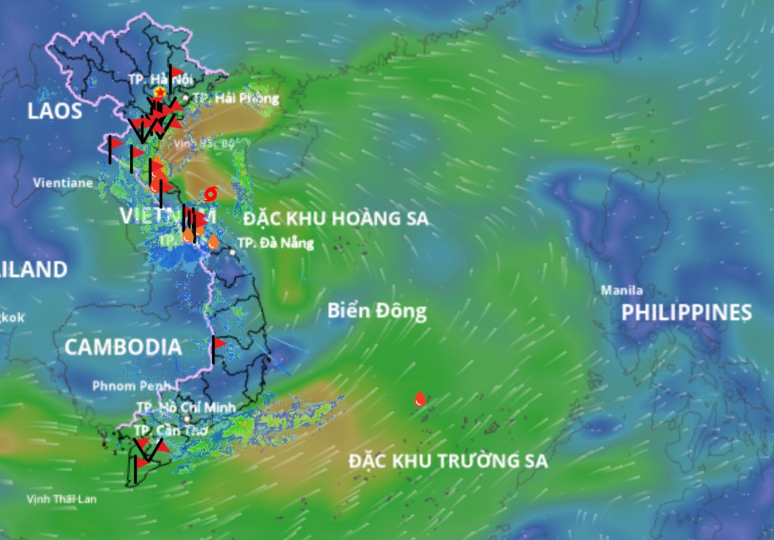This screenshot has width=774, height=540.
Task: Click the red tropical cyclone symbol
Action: pos(211,194)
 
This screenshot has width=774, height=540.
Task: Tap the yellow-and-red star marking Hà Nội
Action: pos(159,93)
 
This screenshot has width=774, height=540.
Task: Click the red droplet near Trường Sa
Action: pos(420,399)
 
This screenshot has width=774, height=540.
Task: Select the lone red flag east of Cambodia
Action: pos(218,343)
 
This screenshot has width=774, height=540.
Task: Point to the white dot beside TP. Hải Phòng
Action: pos(185,98)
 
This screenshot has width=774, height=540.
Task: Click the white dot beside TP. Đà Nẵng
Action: pos(233,252)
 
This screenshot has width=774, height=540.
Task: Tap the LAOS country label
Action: pos(55,111)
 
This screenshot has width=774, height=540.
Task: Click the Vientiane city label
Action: pos(63,183)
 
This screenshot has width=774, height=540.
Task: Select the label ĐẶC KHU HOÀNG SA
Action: pos(336,218)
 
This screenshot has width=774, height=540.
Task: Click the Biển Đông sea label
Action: pos(377,310)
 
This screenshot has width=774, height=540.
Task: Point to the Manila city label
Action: pos(622,290)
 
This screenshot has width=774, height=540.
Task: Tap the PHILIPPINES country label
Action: pos(687,313)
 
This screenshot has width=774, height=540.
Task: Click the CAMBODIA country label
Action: pos(123,347)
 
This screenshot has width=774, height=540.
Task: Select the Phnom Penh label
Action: pos(131,386)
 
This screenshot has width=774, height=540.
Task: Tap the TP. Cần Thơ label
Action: pos(170,430)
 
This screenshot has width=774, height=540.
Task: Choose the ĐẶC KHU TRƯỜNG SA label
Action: pos(448,461)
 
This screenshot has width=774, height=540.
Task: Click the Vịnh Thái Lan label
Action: pos(62,499)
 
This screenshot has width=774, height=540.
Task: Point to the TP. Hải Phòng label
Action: pos(236,98)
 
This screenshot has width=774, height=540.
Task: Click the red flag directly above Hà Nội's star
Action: pos(176,71)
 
